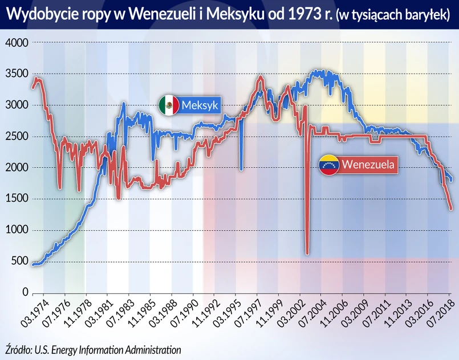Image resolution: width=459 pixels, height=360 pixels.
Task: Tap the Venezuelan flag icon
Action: [329, 165]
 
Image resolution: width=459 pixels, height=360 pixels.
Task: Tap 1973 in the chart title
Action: [306, 13]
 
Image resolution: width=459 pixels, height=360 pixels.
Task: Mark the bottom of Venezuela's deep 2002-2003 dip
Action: [307, 253]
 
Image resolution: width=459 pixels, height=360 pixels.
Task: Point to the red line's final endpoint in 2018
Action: [451, 209]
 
